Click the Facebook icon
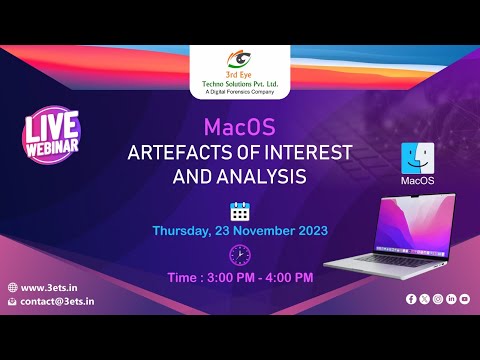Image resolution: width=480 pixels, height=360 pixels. point(411,299)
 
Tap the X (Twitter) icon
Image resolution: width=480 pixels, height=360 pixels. point(424,299)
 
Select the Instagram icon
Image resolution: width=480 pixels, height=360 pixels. point(438,299)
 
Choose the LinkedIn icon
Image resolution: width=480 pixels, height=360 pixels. point(452,299)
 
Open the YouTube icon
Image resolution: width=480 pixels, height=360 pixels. point(466,299)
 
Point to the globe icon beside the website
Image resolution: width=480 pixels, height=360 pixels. point(11,287)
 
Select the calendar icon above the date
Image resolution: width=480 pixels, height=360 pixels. point(240,210)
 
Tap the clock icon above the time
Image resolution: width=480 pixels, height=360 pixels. point(240,253)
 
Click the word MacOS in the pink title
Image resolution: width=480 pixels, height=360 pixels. point(240,128)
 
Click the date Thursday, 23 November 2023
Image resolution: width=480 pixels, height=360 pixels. point(240,230)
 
